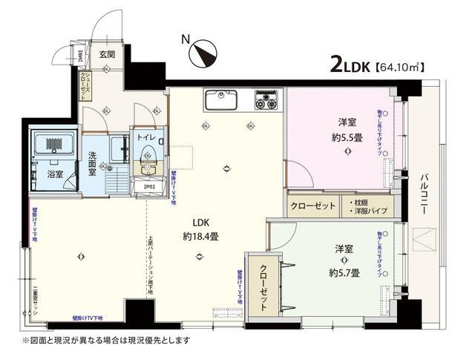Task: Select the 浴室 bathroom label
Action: [55, 175]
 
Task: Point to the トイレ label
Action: [145, 137]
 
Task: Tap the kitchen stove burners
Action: [267, 99]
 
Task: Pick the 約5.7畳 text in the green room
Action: [344, 272]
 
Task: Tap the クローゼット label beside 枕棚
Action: [312, 206]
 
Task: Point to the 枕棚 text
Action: [365, 201]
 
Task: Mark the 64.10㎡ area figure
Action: [401, 67]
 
